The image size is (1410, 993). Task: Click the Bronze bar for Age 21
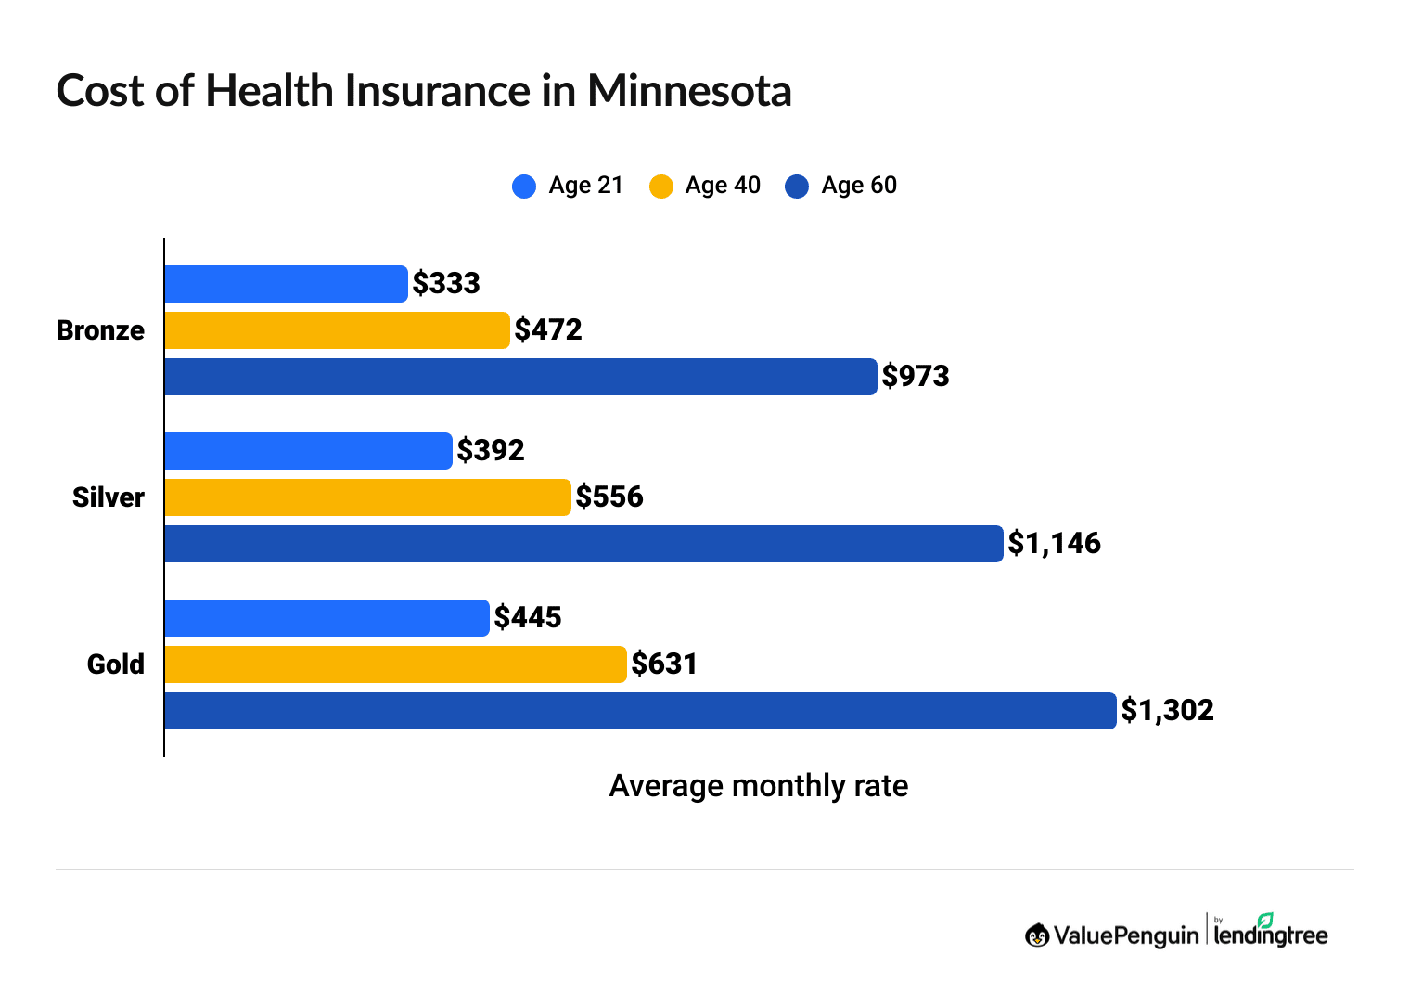286,284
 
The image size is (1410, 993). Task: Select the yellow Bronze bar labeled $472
337,330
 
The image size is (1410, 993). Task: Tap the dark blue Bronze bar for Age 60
520,377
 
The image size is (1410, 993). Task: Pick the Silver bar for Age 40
367,497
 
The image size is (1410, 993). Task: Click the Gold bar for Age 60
640,711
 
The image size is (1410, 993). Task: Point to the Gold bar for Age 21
327,618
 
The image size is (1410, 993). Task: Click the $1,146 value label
1054,544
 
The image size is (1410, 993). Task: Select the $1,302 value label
1167,711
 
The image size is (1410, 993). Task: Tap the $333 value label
446,284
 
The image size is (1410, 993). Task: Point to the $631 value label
664,664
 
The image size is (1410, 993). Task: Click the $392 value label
491,451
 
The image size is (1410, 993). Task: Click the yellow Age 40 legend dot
661,187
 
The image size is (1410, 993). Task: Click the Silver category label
109,497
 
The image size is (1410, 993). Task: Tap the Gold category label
116,664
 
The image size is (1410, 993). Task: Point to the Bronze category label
100,330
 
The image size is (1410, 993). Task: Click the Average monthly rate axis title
758,786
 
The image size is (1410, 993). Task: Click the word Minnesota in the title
689,91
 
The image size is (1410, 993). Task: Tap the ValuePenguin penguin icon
1037,935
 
